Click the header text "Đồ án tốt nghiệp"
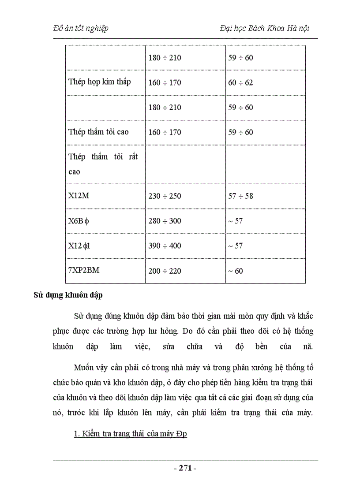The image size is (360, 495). point(80,28)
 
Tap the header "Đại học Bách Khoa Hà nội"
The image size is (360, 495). point(264,28)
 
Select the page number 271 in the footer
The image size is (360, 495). point(185,468)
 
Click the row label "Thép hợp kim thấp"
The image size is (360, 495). point(100,82)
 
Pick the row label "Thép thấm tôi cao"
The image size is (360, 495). point(98,132)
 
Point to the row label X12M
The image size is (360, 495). point(79,195)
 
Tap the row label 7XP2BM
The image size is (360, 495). point(84,270)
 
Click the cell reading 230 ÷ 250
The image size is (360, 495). point(165,196)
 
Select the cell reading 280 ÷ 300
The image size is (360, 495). point(165,220)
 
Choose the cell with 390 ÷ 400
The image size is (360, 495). point(165,246)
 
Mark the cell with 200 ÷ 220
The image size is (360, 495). point(165,271)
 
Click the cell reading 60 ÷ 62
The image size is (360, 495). point(240,82)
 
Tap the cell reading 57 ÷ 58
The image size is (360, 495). point(240,196)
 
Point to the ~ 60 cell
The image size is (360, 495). point(235,271)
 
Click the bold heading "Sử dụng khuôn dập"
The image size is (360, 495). point(68,295)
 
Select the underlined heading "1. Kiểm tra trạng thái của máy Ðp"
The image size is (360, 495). point(131,434)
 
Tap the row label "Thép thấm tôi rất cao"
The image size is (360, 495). point(103,164)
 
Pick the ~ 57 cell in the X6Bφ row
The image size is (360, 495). point(235,220)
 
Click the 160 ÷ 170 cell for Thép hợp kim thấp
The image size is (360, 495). point(165,82)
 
